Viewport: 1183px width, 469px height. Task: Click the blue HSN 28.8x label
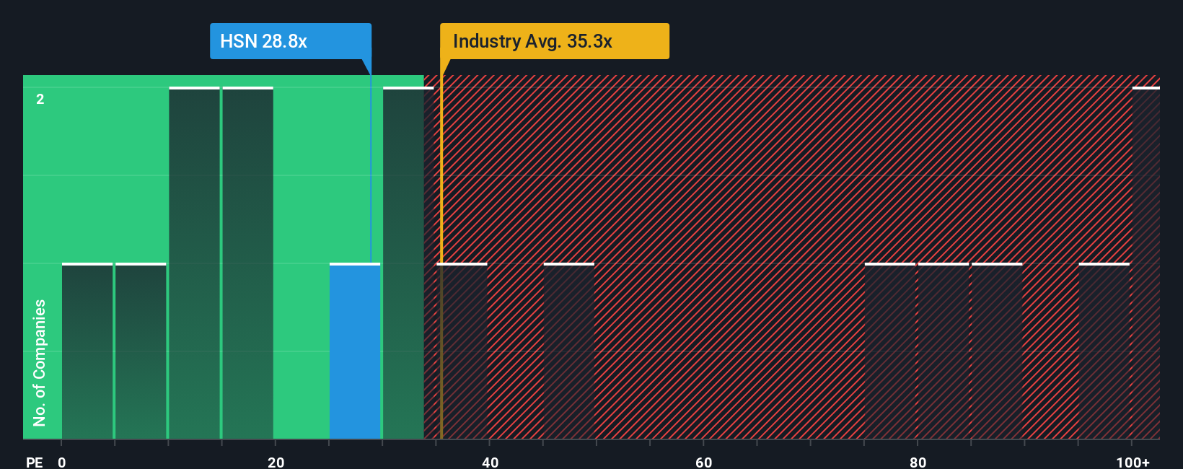(290, 41)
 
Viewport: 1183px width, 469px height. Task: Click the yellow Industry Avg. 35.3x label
(554, 41)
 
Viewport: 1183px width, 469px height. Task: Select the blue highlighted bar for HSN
(355, 351)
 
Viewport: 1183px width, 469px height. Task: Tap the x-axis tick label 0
(62, 462)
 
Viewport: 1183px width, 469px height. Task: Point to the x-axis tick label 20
(276, 462)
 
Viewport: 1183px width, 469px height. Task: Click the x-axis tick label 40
(490, 462)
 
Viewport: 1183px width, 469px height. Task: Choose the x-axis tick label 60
(703, 462)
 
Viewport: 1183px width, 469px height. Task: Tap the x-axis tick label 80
(918, 462)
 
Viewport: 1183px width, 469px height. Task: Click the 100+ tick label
(1133, 462)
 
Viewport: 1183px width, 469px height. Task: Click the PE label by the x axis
(34, 462)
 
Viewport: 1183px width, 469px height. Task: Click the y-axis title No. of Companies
(40, 362)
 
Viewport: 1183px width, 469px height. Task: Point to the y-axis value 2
(40, 99)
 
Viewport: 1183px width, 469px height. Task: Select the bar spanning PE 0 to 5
(87, 351)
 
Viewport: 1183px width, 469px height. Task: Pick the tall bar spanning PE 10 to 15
(194, 263)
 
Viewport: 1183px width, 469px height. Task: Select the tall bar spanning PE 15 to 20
(247, 263)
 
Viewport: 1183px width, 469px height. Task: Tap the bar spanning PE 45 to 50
(568, 351)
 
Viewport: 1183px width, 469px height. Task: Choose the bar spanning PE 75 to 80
(889, 351)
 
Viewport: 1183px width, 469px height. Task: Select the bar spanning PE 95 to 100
(1104, 351)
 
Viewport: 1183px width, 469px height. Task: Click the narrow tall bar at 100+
(1145, 263)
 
